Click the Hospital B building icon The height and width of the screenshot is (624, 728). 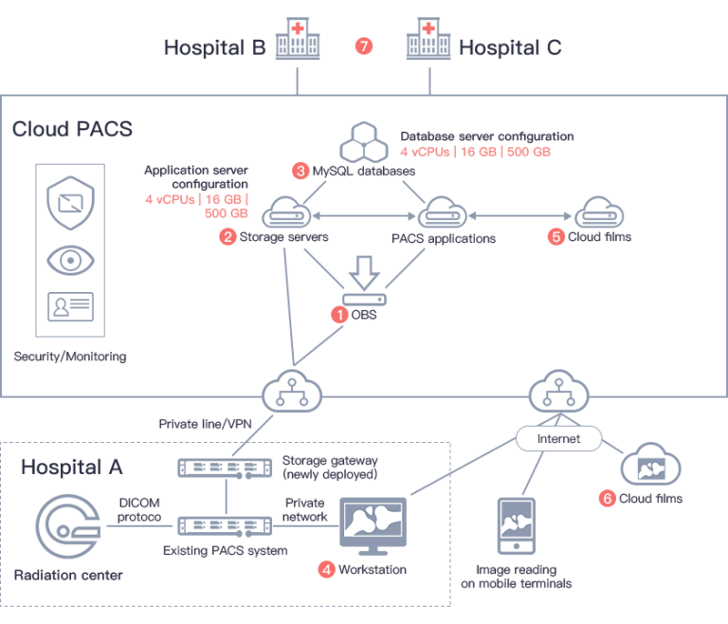pyautogui.click(x=298, y=43)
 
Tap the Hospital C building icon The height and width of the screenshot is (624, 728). pyautogui.click(x=428, y=43)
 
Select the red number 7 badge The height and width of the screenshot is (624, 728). pyautogui.click(x=362, y=46)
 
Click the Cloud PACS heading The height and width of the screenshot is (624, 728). pyautogui.click(x=72, y=129)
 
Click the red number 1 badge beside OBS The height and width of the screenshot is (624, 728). pyautogui.click(x=337, y=315)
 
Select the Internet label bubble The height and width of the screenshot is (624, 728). pyautogui.click(x=559, y=440)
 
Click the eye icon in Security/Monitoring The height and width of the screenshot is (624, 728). pyautogui.click(x=70, y=258)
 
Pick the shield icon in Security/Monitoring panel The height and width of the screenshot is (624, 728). pyautogui.click(x=70, y=203)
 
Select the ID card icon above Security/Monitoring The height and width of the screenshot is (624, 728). pyautogui.click(x=70, y=310)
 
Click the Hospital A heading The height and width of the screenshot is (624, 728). pyautogui.click(x=71, y=467)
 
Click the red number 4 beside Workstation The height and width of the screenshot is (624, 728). pyautogui.click(x=326, y=570)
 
